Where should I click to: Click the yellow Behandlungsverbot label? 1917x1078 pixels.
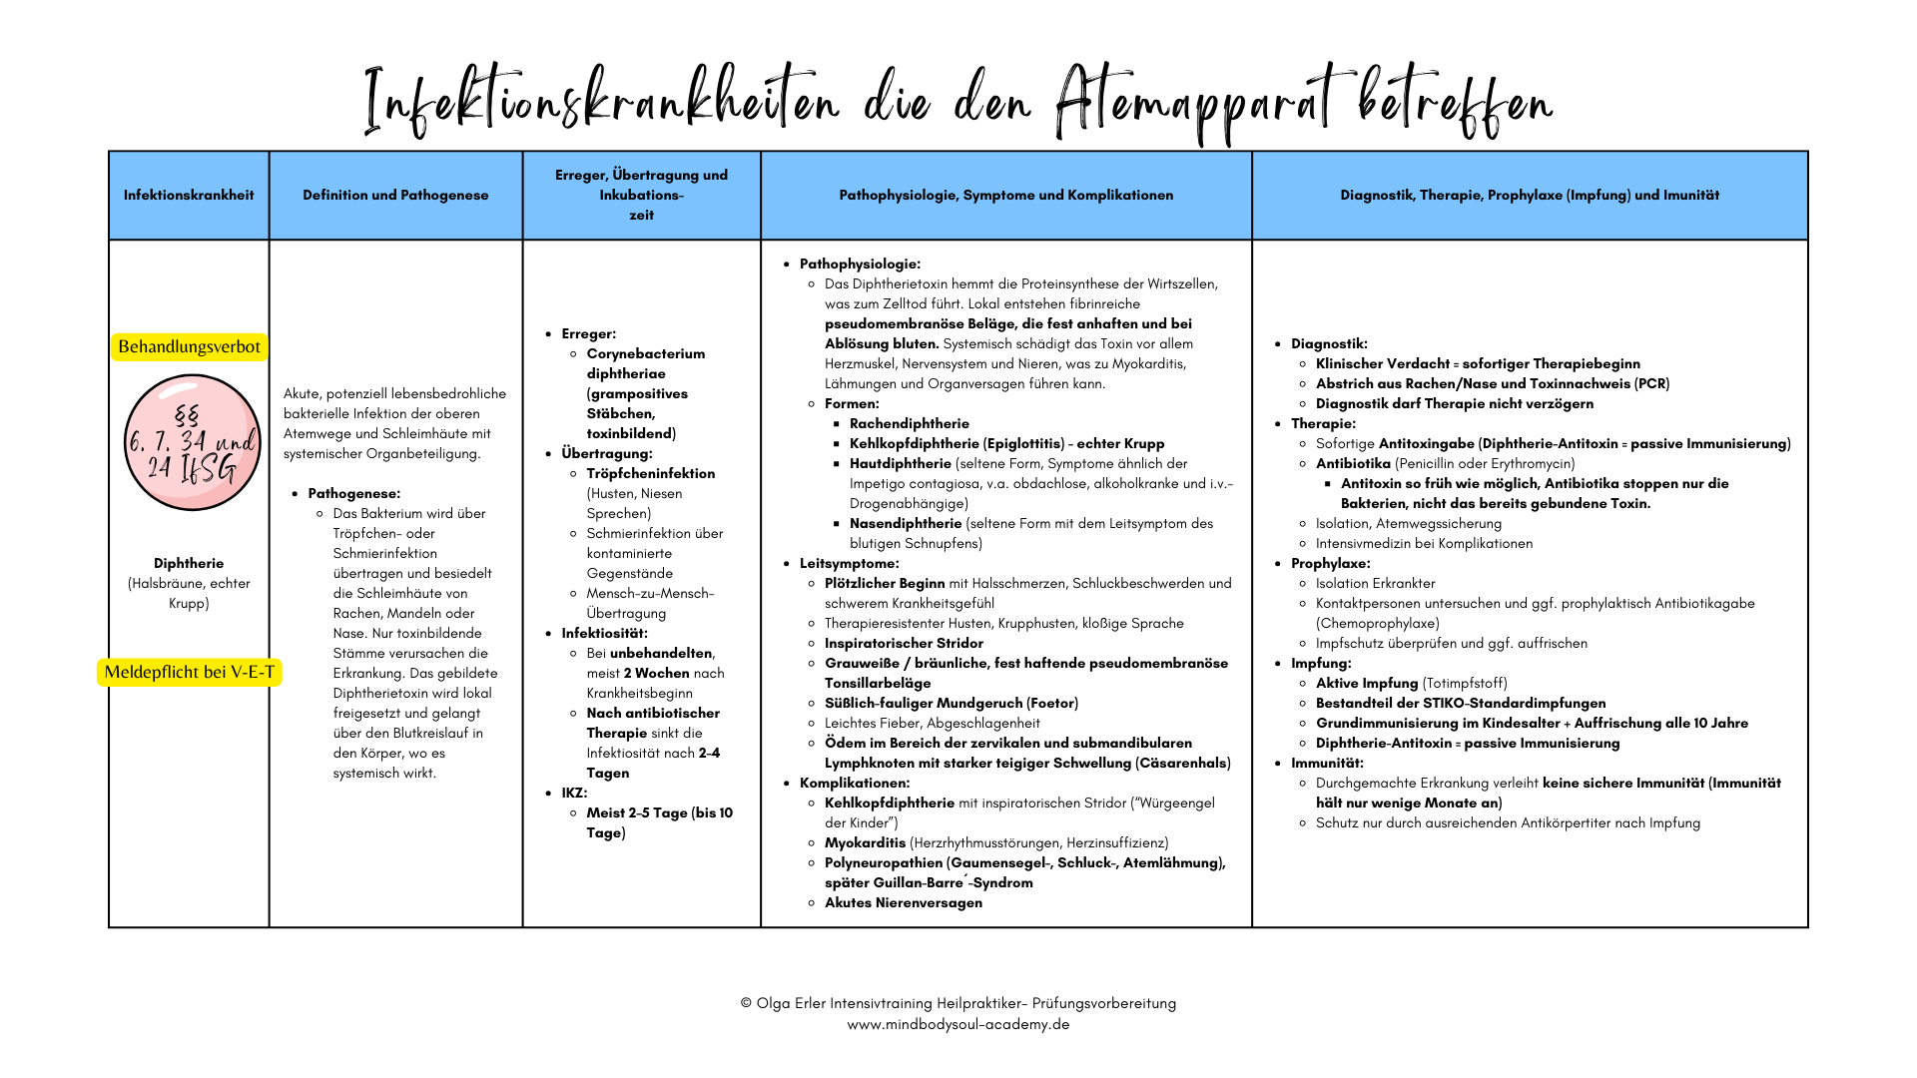point(189,346)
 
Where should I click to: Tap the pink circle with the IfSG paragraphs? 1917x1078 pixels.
point(192,442)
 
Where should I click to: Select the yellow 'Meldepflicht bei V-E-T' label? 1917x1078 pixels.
point(189,672)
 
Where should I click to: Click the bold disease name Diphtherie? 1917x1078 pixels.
point(189,563)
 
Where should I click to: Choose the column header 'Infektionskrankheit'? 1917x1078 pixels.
point(189,195)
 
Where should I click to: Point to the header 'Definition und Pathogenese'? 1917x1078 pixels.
point(395,195)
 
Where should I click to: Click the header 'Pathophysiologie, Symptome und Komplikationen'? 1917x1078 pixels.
point(1005,195)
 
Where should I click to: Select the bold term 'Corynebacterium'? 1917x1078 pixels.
point(645,353)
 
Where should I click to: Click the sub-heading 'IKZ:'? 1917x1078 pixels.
point(574,793)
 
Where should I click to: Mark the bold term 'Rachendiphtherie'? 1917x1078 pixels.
point(909,423)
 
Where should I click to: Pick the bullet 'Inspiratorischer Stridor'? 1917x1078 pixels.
point(904,643)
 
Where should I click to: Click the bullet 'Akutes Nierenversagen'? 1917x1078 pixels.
point(903,902)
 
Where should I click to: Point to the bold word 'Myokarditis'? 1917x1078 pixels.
point(865,842)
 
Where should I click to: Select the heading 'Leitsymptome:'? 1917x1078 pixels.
point(849,563)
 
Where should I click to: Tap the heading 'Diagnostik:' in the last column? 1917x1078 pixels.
point(1329,343)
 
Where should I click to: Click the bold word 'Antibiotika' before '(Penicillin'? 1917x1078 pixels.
point(1353,463)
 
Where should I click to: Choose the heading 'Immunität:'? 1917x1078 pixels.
point(1327,763)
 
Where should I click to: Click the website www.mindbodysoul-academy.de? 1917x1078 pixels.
point(958,1024)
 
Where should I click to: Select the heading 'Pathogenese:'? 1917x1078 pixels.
point(353,493)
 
